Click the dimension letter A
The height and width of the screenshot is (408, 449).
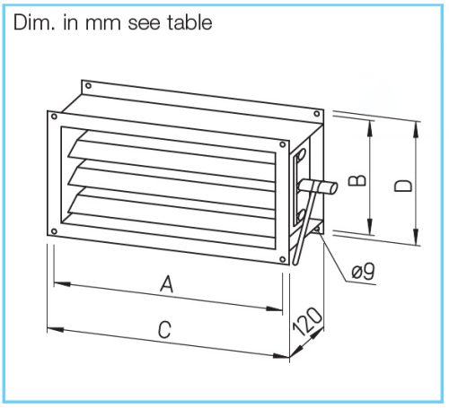167,284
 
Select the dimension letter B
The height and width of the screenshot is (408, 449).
357,180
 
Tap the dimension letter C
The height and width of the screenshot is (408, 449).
164,329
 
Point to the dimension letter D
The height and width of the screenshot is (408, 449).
403,186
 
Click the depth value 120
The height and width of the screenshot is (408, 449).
308,321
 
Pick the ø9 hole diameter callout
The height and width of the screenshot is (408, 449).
363,272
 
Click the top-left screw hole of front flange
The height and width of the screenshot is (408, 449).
54,117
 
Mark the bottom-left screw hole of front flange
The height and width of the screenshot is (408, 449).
54,231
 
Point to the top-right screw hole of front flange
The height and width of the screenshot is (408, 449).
282,144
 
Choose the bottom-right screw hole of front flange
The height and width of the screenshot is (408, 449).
282,259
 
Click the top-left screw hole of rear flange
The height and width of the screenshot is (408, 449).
88,86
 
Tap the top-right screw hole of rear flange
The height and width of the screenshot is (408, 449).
317,114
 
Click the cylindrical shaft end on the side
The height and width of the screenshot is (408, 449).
331,188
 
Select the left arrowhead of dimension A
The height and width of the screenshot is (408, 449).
62,284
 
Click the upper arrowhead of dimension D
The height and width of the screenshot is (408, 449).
416,130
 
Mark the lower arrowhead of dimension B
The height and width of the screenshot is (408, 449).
370,227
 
